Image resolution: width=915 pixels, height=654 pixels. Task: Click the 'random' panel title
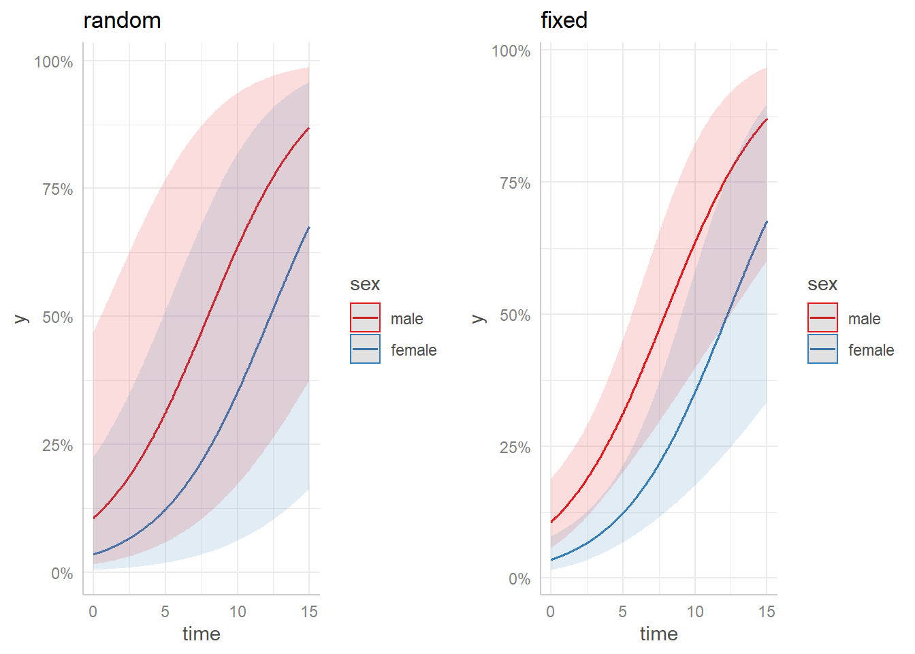pos(122,20)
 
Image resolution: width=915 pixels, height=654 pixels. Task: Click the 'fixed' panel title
pos(564,20)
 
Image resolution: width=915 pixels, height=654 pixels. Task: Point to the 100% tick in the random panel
pos(54,62)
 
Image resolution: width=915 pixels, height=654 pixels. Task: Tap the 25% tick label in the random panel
pos(57,446)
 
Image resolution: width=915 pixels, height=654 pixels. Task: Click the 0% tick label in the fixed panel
pos(519,579)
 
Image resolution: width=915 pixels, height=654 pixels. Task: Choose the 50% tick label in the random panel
pos(57,317)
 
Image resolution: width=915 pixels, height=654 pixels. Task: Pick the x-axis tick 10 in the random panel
pos(238,612)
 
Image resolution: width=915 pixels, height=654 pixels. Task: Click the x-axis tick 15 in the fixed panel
pos(767,612)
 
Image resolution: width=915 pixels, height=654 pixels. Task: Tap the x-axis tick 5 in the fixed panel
pos(622,612)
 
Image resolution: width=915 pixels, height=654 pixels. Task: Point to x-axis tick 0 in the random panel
pos(93,612)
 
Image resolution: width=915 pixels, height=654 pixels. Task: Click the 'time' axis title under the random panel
pos(202,634)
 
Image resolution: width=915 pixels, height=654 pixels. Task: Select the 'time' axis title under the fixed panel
pos(659,634)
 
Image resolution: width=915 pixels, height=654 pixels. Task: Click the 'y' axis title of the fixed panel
pos(479,318)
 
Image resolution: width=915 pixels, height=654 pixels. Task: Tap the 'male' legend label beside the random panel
pos(406,319)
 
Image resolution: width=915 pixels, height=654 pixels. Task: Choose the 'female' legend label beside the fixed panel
pos(871,350)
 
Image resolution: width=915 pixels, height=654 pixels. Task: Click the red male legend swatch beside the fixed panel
pos(822,318)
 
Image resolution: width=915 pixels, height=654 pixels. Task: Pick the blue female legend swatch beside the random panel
pos(366,349)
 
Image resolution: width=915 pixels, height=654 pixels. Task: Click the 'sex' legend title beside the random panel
pos(365,284)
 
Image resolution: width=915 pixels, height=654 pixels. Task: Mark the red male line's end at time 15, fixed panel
pos(767,119)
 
